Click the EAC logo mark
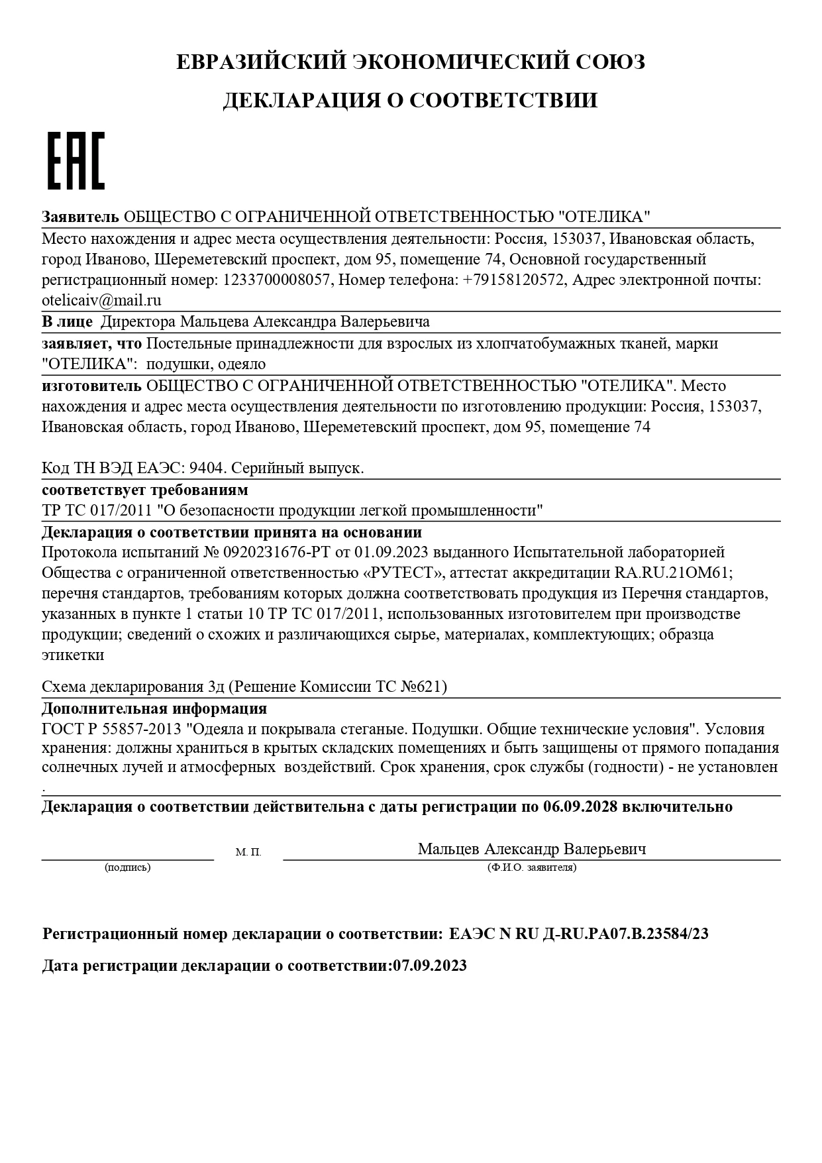(76, 161)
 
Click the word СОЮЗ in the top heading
(609, 62)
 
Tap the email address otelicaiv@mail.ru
(101, 300)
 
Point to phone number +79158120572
(515, 280)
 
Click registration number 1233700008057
(277, 280)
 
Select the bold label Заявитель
(80, 217)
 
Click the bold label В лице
(67, 322)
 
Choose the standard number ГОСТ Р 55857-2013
(111, 729)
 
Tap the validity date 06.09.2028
(580, 807)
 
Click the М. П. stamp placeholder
(248, 852)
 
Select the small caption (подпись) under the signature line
(127, 867)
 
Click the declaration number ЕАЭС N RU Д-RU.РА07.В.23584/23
(578, 934)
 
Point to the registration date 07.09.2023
(430, 966)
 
